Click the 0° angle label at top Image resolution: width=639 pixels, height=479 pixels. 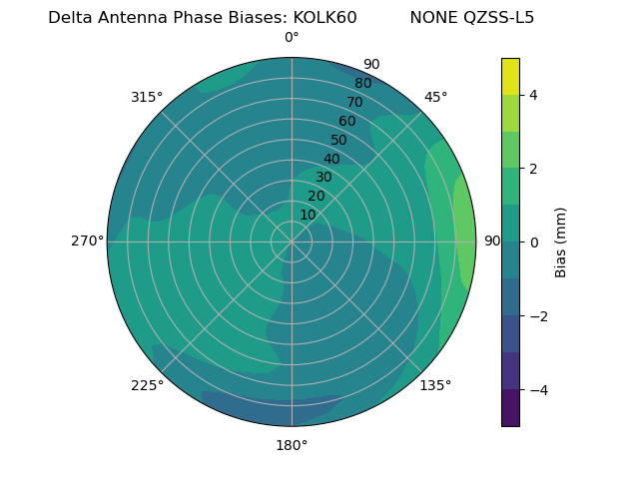click(292, 38)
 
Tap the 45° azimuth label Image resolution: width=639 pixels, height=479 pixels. click(435, 97)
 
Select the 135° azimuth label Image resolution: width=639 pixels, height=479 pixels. click(435, 385)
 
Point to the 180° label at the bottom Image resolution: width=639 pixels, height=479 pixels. click(292, 445)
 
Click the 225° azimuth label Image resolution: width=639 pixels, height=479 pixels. click(147, 385)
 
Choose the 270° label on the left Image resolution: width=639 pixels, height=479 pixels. click(87, 240)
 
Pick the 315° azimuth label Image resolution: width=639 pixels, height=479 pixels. click(147, 97)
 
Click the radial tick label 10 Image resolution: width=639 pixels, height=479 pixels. click(308, 215)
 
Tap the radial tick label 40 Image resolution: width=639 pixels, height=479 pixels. click(331, 159)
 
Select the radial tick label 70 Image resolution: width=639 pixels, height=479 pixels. click(354, 102)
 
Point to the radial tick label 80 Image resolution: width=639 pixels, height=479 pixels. click(362, 83)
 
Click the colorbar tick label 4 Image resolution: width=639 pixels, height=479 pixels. click(534, 95)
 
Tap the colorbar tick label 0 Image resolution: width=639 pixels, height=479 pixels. click(534, 242)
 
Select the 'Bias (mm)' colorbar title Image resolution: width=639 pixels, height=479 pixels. click(561, 242)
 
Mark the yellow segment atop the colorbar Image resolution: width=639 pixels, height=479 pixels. click(510, 76)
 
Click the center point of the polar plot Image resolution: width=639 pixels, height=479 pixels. click(292, 241)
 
